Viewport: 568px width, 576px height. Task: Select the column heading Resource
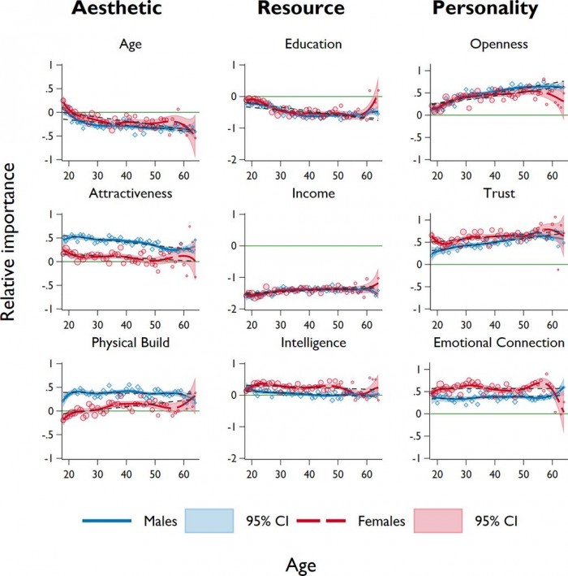click(301, 10)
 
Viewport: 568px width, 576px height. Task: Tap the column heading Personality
click(485, 10)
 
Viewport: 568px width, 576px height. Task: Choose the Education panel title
click(313, 45)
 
